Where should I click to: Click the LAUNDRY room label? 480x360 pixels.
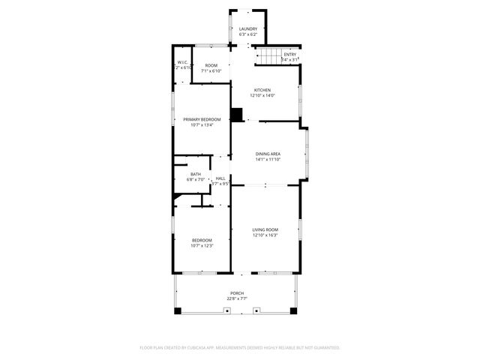point(247,29)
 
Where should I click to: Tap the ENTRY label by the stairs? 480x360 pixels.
point(289,54)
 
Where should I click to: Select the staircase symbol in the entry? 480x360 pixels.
point(268,56)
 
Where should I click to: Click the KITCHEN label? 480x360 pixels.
point(262,90)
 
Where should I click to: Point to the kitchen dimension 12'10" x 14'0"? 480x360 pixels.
point(262,95)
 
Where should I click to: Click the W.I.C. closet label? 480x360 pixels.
point(182,62)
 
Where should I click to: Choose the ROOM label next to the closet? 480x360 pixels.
point(211,65)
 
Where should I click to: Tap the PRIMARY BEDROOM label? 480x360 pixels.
point(202,119)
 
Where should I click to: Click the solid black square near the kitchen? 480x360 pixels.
point(237,115)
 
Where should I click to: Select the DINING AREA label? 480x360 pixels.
point(268,154)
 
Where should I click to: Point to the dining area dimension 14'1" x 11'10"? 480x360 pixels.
point(268,159)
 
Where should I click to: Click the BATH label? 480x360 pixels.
point(195,174)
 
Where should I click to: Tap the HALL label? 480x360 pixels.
point(220,178)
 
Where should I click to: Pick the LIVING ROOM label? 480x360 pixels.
point(265,229)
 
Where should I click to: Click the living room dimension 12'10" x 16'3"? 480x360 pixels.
point(265,235)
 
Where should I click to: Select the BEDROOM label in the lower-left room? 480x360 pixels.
point(202,240)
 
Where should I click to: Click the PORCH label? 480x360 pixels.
point(237,293)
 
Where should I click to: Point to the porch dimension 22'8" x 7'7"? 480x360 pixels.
point(237,298)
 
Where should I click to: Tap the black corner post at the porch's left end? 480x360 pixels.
point(177,310)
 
